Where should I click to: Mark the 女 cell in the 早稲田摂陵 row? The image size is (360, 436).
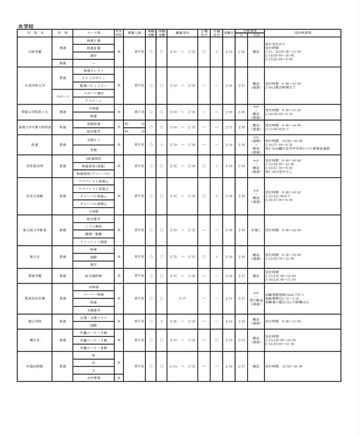(x=119, y=378)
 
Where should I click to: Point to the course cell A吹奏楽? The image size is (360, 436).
(x=93, y=378)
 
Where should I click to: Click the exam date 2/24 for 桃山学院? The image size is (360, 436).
(x=228, y=321)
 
